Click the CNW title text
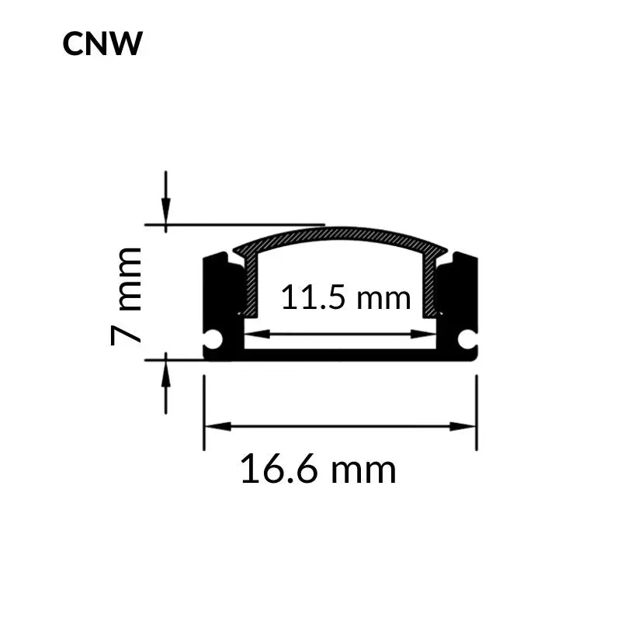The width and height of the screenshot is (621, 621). [102, 44]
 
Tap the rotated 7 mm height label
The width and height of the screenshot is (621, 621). [127, 296]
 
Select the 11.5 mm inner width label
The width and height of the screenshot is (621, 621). [345, 297]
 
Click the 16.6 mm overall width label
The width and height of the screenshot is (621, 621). [317, 470]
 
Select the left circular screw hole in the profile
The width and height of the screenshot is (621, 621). [213, 339]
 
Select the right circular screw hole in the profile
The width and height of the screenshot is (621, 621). [467, 339]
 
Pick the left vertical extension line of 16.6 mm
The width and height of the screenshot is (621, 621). [204, 411]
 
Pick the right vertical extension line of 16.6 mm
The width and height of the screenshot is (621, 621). [476, 411]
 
